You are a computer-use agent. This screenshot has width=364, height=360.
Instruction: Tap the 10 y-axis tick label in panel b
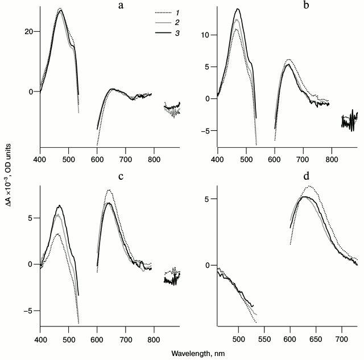click(208, 35)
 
